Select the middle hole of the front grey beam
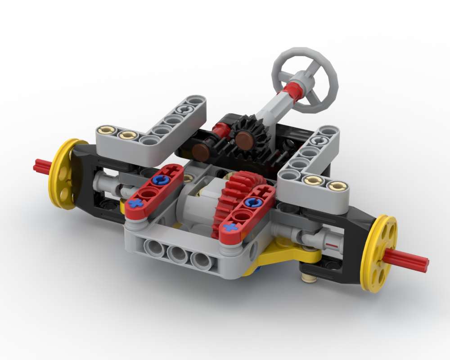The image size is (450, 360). pyautogui.click(x=177, y=254)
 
